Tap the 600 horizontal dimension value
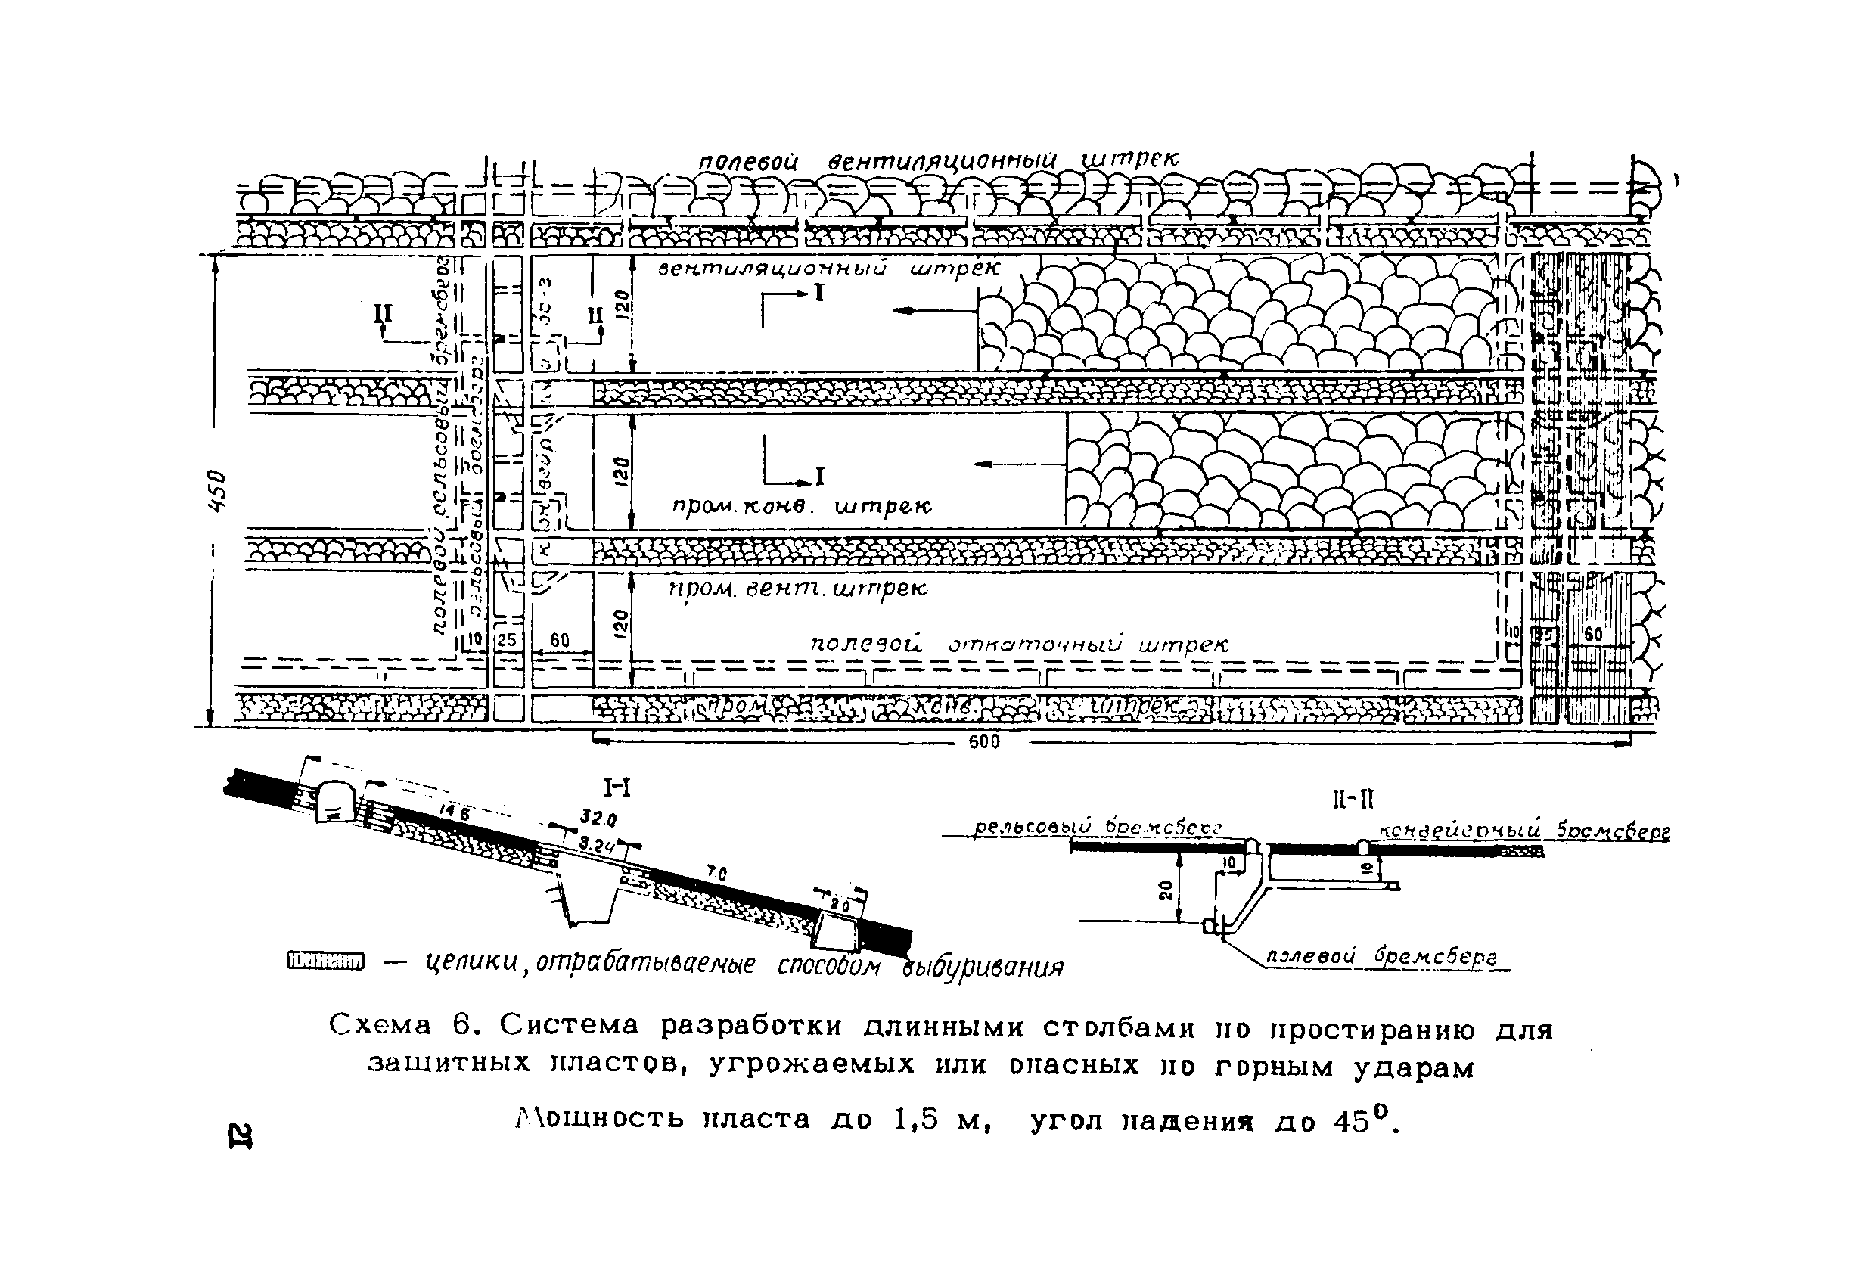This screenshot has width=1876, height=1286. point(984,742)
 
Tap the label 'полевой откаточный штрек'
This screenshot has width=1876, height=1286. point(1019,645)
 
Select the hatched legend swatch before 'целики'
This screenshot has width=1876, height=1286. point(325,960)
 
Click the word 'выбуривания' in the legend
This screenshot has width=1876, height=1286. point(983,967)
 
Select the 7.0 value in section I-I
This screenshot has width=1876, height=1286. point(716,874)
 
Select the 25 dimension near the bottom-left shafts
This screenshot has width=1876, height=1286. point(506,640)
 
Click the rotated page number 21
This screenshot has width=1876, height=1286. point(240,1134)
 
